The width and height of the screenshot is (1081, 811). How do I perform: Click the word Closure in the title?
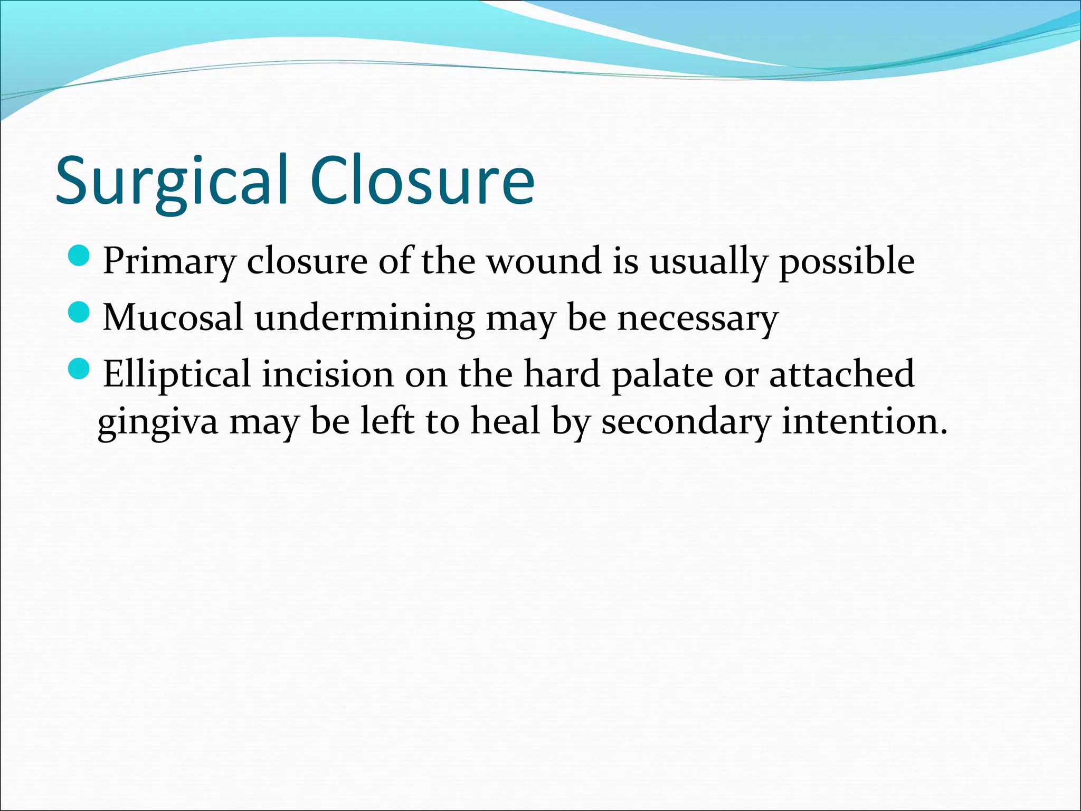[x=422, y=181]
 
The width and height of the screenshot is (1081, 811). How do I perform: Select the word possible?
[x=847, y=262]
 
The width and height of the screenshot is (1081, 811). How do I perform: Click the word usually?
[x=708, y=262]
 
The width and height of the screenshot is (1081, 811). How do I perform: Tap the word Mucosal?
[x=173, y=318]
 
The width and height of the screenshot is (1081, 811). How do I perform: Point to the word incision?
[x=328, y=374]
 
